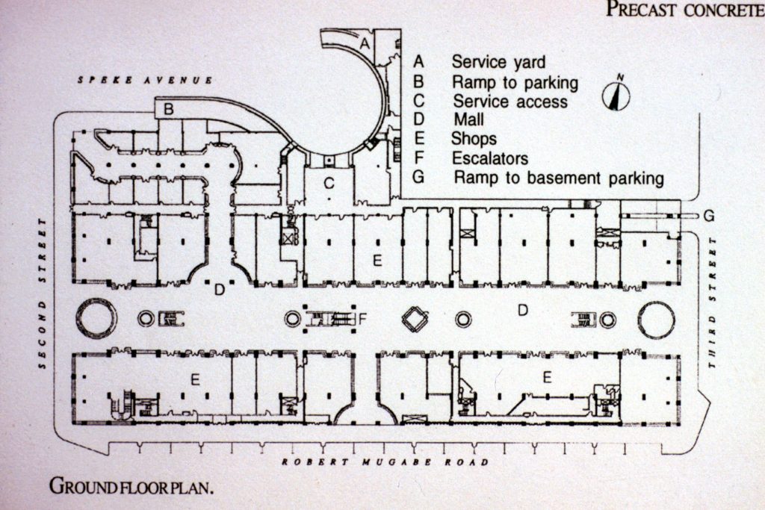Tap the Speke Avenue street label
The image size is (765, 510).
click(x=146, y=80)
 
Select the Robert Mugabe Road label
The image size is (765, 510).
click(x=385, y=462)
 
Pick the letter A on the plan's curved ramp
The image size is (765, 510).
click(x=365, y=44)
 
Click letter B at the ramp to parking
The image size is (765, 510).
click(x=169, y=109)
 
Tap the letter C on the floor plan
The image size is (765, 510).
click(x=328, y=182)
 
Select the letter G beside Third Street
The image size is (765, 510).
click(x=708, y=216)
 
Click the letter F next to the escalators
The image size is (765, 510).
click(x=363, y=320)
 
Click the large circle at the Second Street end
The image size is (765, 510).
click(x=96, y=319)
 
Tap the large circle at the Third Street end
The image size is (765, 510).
click(x=656, y=320)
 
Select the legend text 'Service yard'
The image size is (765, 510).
click(x=498, y=62)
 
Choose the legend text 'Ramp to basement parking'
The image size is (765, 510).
click(x=559, y=178)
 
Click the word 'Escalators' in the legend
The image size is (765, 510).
click(x=489, y=158)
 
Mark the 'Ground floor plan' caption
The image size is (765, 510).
click(x=132, y=487)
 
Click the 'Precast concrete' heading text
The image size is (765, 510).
click(x=684, y=9)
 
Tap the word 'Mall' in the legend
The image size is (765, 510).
click(x=468, y=119)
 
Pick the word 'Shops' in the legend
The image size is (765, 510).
click(x=474, y=139)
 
